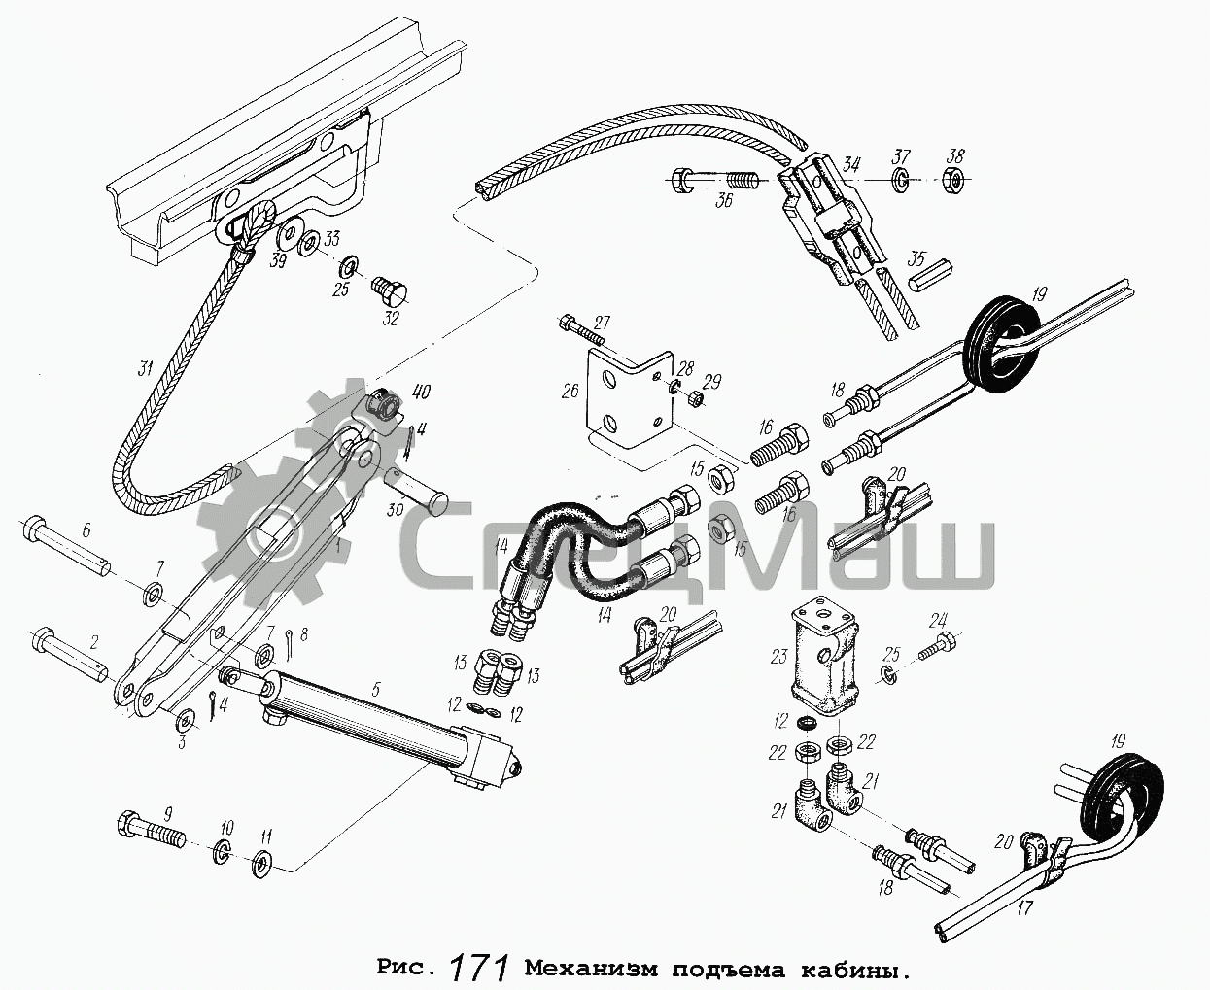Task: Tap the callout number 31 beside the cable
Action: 146,369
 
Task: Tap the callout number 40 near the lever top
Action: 420,393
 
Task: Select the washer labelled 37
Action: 901,179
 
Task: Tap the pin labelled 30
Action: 421,491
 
